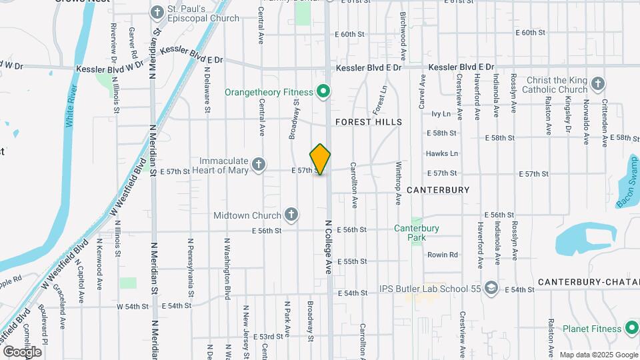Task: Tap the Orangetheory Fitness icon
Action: (323, 91)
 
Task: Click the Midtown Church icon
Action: (291, 215)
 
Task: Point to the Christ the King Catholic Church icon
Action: (597, 85)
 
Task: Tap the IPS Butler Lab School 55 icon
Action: (491, 287)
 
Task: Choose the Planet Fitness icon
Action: (631, 328)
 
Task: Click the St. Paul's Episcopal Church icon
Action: (157, 12)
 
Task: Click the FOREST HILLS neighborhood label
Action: (369, 122)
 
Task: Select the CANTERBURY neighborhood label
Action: (438, 190)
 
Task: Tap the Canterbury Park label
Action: (417, 233)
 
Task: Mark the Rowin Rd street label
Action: (443, 255)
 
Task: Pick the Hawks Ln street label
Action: (441, 153)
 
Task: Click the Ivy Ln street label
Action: (441, 114)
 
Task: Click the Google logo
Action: (22, 351)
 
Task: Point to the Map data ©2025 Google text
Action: (598, 355)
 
